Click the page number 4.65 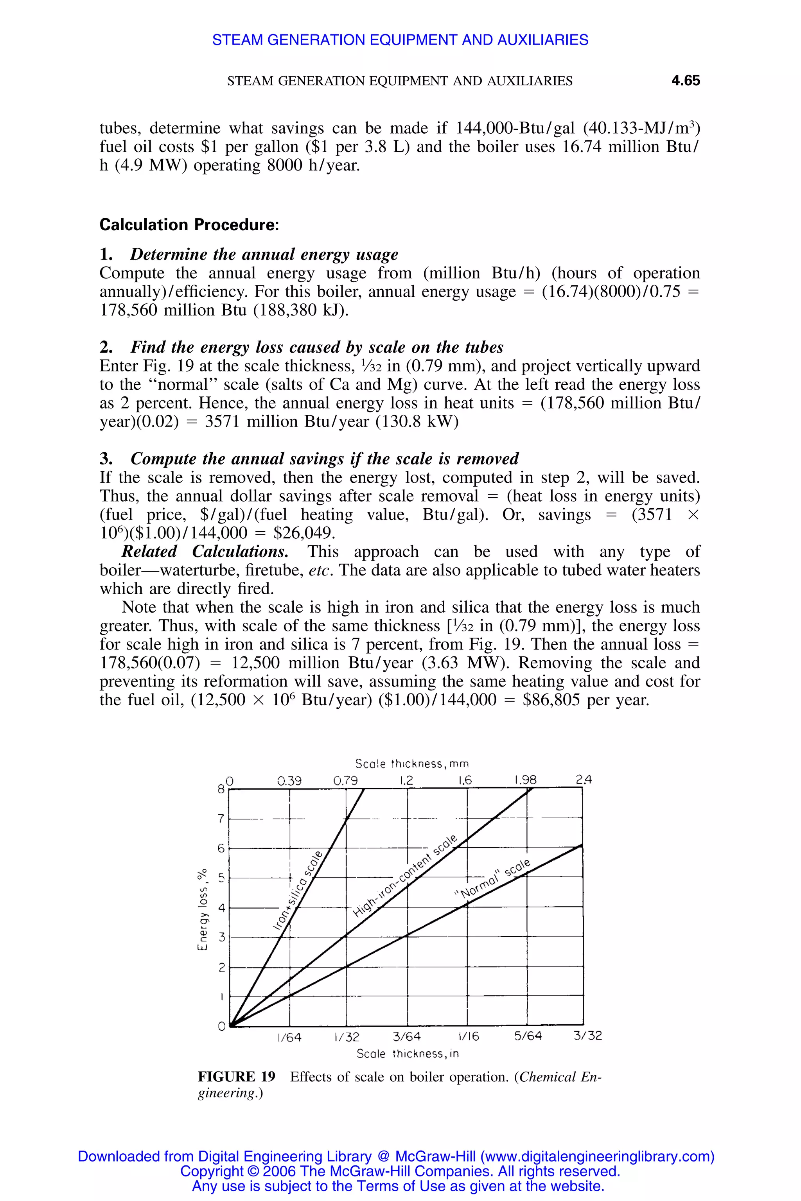coord(685,81)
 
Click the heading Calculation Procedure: coord(189,225)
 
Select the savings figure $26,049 coord(304,533)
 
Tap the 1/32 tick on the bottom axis coord(347,1037)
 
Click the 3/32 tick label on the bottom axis coord(587,1036)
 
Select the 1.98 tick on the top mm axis coord(525,780)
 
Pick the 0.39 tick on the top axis coord(289,781)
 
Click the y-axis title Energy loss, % coord(203,909)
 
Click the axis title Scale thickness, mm coord(412,764)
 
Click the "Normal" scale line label coord(492,879)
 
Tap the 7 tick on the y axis coord(221,819)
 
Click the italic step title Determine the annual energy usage coord(264,254)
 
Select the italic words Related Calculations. coord(205,552)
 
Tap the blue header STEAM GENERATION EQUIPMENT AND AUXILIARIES coord(400,40)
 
